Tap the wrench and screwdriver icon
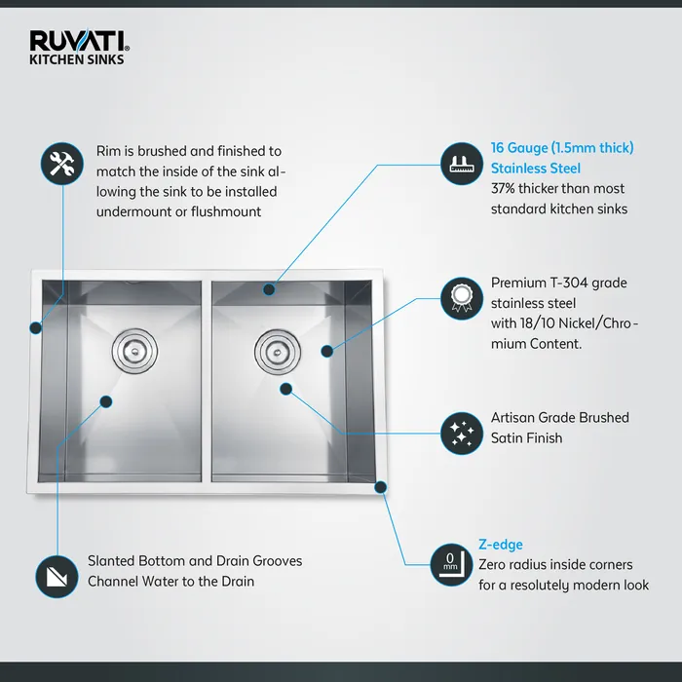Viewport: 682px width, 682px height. [60, 163]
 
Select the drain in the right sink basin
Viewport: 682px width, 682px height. [274, 349]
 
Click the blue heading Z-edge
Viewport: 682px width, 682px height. [500, 545]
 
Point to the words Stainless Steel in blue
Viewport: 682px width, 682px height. [535, 168]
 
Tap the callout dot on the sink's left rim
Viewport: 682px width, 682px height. [36, 327]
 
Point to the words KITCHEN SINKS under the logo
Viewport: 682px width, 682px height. [77, 58]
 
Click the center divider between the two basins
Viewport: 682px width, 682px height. [207, 380]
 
